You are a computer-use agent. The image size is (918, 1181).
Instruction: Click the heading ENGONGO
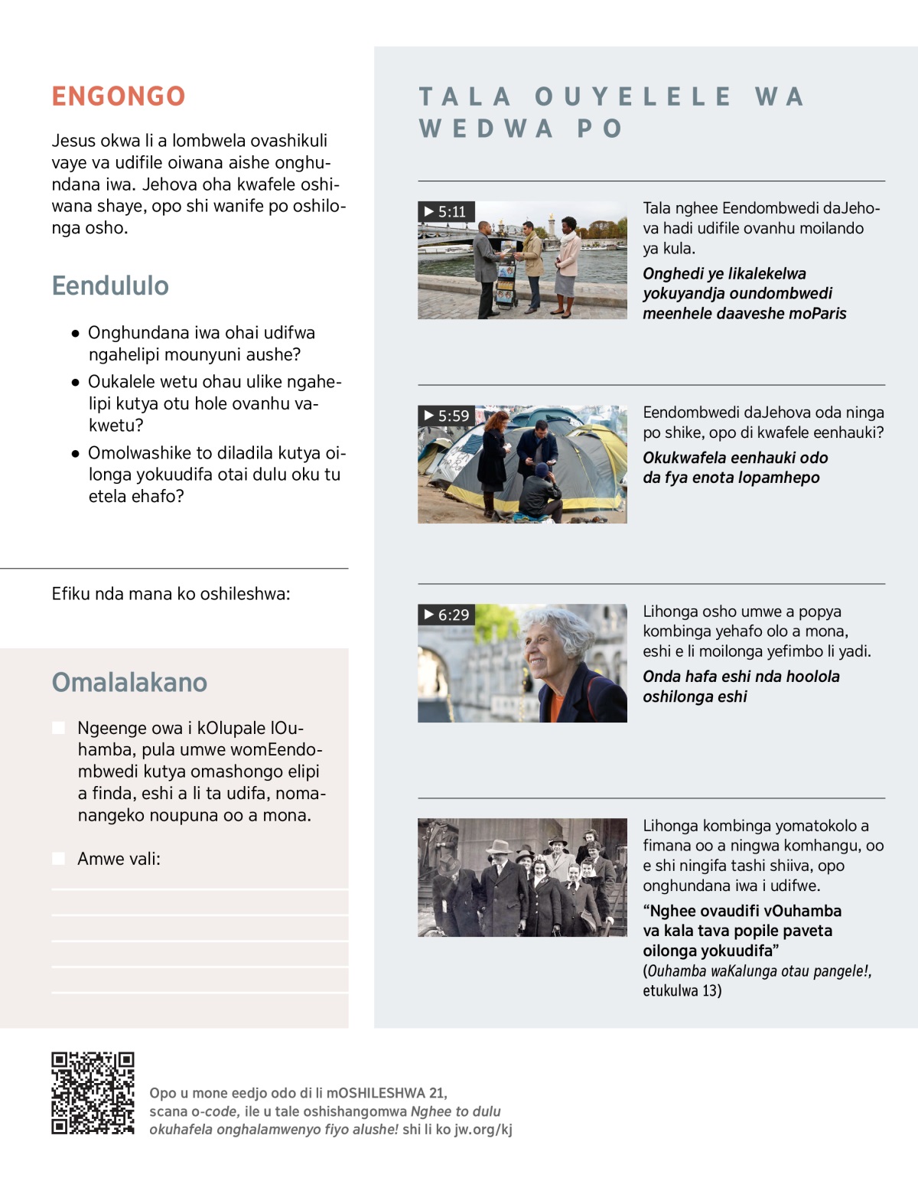coord(119,96)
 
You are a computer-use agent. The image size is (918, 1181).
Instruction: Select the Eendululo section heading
coord(110,285)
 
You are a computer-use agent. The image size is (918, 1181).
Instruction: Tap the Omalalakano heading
coord(129,682)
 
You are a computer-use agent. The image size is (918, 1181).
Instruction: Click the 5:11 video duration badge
coord(446,212)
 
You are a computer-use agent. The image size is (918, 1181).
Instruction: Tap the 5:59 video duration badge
coord(447,416)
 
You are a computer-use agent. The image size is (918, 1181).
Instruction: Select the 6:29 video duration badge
coord(447,615)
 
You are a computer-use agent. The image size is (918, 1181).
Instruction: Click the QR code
coord(93,1093)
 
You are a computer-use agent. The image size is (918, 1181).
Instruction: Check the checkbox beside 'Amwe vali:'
coord(59,859)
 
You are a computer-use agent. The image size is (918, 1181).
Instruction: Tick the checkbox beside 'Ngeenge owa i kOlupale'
coord(59,728)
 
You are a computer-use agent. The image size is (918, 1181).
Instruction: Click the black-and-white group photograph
coord(522,877)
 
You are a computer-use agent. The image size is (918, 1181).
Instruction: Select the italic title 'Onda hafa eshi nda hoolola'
coord(741,677)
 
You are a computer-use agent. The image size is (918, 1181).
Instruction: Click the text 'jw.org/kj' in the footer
coord(483,1130)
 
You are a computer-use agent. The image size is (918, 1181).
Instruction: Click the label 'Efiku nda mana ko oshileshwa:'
coord(171,594)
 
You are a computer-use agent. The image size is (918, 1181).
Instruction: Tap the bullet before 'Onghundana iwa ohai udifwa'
coord(75,334)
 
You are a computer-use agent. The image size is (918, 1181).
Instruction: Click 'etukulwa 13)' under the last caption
coord(682,991)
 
